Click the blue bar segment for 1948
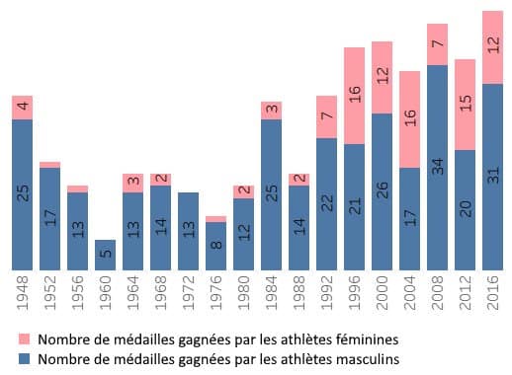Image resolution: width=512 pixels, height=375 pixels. coord(22,194)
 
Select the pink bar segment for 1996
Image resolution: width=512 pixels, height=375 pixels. coord(354,95)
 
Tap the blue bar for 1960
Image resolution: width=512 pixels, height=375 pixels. coord(105,255)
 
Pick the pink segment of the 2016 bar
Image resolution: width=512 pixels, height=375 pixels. coord(492,47)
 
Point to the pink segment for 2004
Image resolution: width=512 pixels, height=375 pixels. coord(382,118)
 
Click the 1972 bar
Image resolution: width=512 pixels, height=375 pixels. coord(188,231)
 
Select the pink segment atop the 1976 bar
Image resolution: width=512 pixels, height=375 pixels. coord(215,219)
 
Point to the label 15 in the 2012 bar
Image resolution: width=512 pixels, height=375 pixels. coord(465,104)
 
